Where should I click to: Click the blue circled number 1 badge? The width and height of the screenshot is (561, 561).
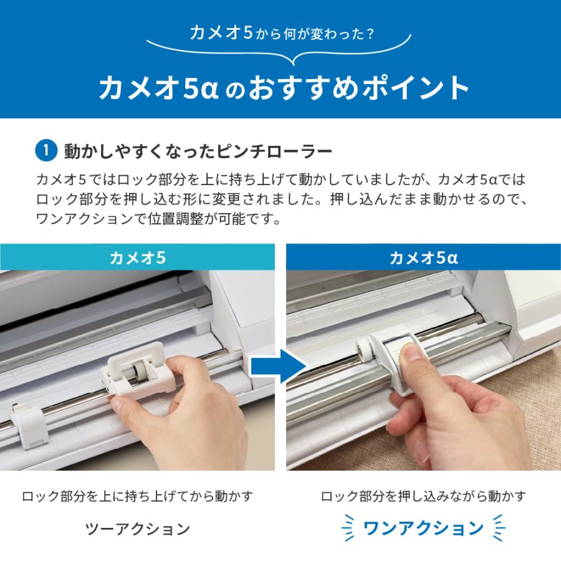[x=46, y=151]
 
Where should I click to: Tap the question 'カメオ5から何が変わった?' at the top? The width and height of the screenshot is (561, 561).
[x=282, y=33]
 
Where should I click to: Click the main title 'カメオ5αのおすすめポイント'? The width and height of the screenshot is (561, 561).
[x=284, y=88]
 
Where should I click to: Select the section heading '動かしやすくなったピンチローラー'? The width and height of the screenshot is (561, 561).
[x=198, y=151]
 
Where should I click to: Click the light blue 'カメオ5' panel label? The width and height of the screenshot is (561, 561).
[x=137, y=257]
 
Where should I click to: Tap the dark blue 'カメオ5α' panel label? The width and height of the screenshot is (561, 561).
[x=424, y=257]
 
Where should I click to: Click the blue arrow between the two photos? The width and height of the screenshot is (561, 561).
[x=279, y=367]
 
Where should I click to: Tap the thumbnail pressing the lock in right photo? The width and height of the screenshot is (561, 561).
[x=414, y=353]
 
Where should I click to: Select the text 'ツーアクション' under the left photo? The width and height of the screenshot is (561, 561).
[x=137, y=529]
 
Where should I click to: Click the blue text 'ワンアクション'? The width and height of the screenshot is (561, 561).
[x=424, y=528]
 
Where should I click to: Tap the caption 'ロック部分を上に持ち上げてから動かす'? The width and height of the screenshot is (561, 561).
[x=137, y=496]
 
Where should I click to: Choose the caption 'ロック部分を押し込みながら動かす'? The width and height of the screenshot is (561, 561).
[x=424, y=496]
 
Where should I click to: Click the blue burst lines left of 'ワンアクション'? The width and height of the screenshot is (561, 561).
[x=348, y=528]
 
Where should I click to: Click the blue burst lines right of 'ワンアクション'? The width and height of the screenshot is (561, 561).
[x=499, y=528]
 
